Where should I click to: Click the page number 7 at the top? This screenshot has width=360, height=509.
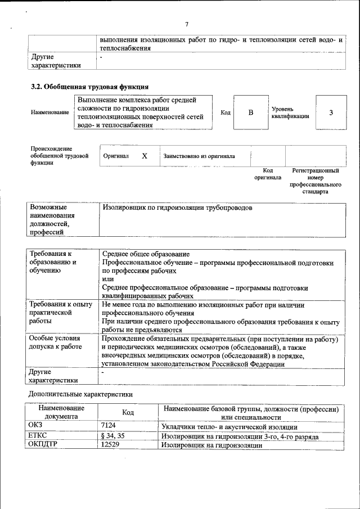tap(186, 24)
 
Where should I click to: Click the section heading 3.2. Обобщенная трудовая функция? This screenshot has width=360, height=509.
tap(89, 87)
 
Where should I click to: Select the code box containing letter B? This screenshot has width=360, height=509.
tap(251, 112)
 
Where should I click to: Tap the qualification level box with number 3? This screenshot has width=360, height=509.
tap(331, 112)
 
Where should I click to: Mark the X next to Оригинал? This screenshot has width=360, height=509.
tap(144, 156)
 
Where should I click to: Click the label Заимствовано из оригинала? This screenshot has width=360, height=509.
tap(199, 156)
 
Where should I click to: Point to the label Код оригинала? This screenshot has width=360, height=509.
tap(268, 174)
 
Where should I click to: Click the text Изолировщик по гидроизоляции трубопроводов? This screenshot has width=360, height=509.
tap(177, 208)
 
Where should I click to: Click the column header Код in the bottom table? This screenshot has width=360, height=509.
tap(128, 413)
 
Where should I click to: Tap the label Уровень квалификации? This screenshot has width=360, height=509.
tap(290, 112)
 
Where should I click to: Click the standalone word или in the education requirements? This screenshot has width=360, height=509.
tap(108, 279)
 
